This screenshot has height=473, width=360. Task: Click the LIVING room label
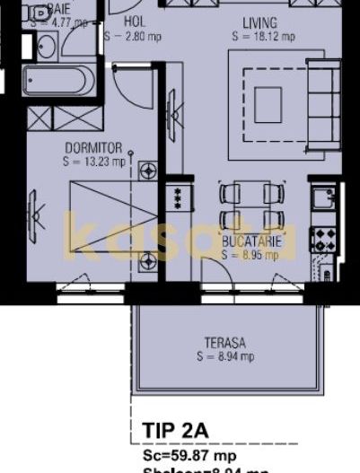259,22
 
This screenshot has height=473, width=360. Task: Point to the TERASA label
224,342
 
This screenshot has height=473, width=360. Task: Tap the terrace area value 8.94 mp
225,356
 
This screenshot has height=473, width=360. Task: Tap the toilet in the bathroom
39,15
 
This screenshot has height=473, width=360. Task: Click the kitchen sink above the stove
321,198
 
